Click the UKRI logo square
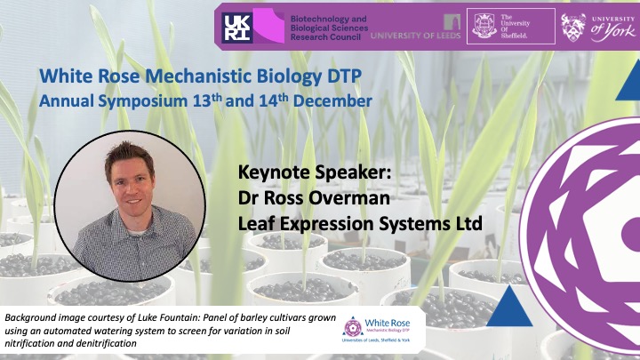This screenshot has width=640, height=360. coord(237,28)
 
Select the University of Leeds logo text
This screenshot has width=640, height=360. coord(415,36)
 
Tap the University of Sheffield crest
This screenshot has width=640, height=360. coord(484,26)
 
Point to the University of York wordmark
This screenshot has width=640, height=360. coord(613,28)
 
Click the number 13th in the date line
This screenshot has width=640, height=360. coord(207,100)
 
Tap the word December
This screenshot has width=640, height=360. coord(332,100)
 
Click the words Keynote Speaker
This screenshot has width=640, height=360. coord(315,172)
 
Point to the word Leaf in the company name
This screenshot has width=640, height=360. coord(253,224)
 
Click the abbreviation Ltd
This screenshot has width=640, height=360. coord(468,224)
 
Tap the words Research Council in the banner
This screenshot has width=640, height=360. coord(325,37)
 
